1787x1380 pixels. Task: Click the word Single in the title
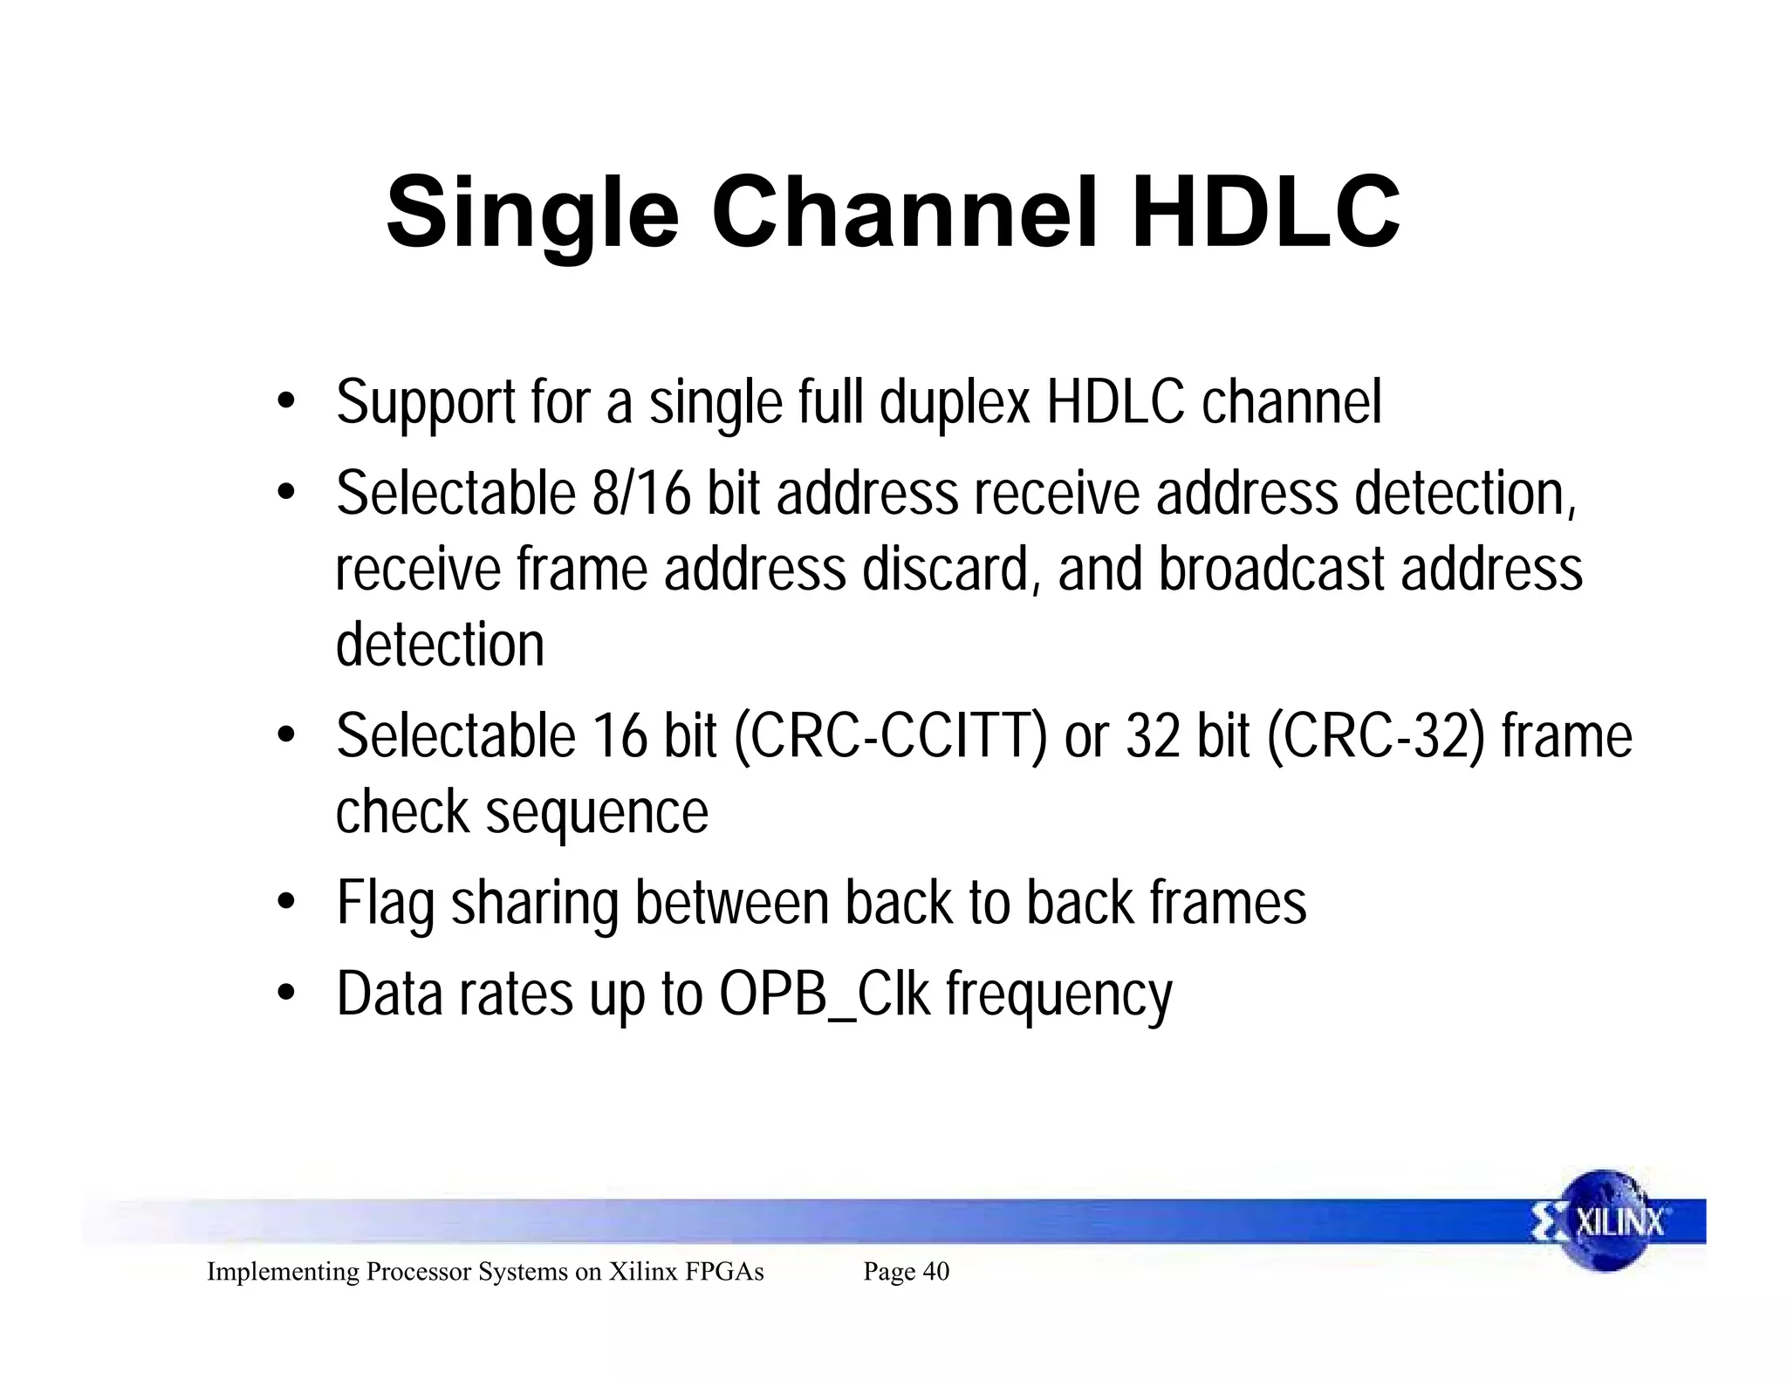point(531,214)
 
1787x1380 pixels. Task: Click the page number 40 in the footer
point(935,1272)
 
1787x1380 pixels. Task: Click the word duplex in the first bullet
point(955,402)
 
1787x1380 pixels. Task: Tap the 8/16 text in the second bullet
point(641,494)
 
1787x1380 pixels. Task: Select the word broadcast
point(1272,570)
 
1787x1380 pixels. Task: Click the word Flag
point(385,904)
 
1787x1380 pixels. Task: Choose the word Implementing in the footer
point(283,1272)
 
